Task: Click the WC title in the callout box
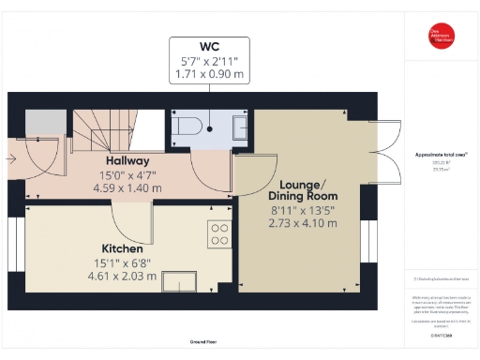coord(210,47)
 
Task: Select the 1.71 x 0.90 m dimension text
coord(210,74)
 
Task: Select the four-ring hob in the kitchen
coord(220,234)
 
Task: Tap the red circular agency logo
coord(441,34)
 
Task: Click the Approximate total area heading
coord(441,154)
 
